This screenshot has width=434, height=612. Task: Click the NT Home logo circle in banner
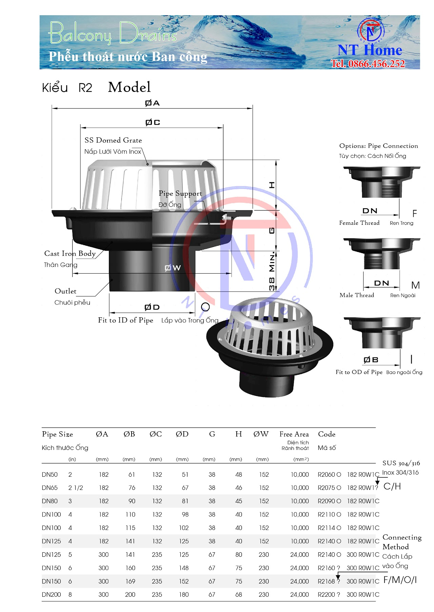click(371, 31)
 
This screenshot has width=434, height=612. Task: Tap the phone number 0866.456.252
click(368, 64)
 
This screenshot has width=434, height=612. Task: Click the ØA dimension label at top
click(152, 103)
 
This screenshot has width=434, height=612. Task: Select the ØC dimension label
click(153, 122)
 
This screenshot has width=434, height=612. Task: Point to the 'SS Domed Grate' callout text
click(113, 140)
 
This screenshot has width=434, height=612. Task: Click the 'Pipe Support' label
click(180, 193)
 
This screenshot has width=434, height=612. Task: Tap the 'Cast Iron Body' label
click(70, 253)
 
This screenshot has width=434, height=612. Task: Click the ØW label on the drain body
click(173, 268)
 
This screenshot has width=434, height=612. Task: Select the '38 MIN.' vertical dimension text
click(272, 271)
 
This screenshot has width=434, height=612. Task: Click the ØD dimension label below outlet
click(152, 307)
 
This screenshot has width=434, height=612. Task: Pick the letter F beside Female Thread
click(414, 214)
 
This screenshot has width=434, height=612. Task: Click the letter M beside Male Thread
click(415, 285)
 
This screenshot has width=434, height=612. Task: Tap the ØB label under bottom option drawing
click(371, 360)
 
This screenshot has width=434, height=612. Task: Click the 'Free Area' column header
click(294, 434)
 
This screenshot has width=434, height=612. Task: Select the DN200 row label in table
click(51, 594)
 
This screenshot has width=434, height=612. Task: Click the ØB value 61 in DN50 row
click(132, 475)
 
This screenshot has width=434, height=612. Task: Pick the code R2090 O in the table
click(329, 501)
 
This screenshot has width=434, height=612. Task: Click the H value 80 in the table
click(239, 555)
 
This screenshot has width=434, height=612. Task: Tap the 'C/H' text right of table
click(392, 487)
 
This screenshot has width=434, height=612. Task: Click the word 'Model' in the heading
click(129, 87)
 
